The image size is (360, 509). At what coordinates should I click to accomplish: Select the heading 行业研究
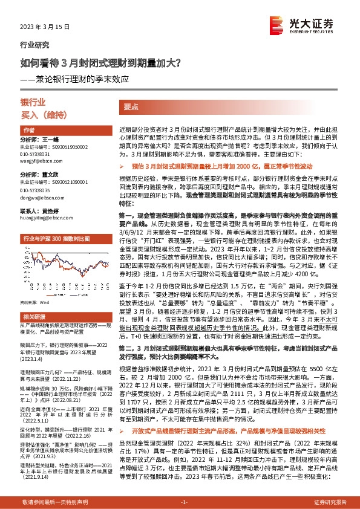click(x=35, y=45)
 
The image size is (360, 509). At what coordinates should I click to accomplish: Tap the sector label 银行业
click(x=33, y=102)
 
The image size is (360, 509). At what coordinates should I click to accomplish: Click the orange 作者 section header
click(x=29, y=131)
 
